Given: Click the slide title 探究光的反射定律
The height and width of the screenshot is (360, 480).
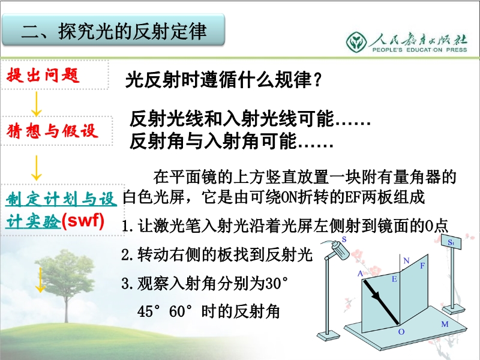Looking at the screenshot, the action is (132, 31).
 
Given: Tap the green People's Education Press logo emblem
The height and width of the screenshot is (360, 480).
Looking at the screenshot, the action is (356, 42).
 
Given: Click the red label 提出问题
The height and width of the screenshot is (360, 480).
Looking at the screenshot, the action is (43, 74).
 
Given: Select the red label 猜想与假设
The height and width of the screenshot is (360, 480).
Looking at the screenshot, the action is (52, 131).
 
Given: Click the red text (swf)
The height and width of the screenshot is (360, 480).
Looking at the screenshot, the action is (83, 220).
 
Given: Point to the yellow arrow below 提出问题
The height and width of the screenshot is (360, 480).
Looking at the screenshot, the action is (36, 104).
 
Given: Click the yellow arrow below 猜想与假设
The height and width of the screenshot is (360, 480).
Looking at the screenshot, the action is (36, 168).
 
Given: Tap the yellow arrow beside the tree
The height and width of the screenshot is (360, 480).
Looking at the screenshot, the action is (40, 280).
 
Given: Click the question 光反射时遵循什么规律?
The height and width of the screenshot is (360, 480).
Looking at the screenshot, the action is (223, 80).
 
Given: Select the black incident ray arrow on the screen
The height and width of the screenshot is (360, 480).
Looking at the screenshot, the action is (380, 301).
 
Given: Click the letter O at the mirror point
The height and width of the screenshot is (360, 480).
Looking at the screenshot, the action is (401, 332).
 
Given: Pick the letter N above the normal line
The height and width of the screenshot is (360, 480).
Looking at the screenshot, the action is (406, 260).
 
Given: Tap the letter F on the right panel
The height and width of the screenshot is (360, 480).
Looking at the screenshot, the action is (422, 265).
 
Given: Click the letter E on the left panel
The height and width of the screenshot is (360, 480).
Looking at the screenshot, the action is (394, 279).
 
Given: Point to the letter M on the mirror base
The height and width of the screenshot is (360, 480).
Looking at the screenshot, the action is (445, 324).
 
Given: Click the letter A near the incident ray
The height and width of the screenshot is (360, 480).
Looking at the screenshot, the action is (360, 274).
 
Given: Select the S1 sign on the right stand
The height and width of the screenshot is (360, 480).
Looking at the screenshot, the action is (451, 242).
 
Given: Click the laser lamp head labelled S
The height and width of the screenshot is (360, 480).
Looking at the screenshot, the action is (339, 250).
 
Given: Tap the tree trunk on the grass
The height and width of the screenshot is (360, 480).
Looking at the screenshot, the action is (67, 306).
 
